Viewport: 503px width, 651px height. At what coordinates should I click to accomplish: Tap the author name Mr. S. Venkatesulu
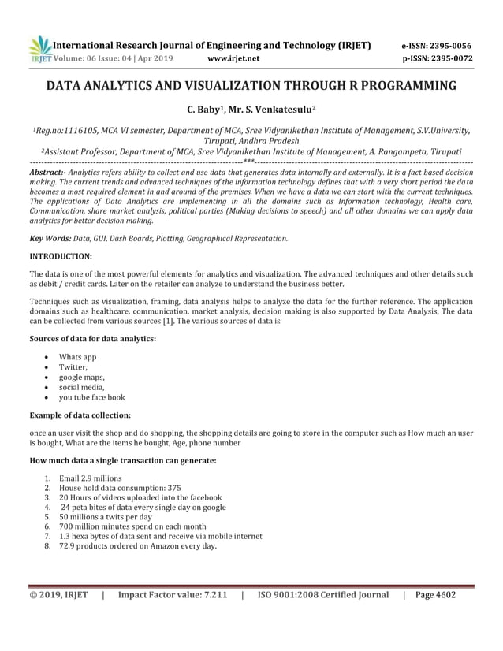tap(270, 110)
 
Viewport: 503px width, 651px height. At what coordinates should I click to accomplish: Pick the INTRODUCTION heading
tap(61, 256)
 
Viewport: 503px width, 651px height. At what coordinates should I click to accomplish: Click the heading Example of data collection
tap(80, 415)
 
